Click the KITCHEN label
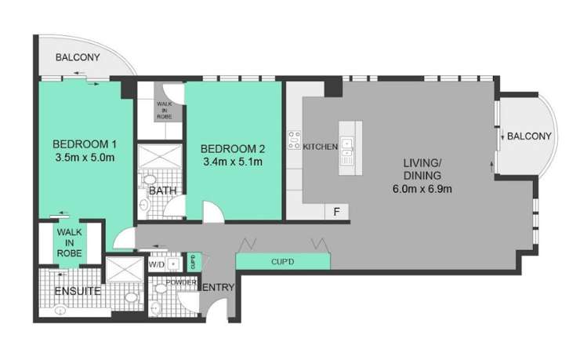320,147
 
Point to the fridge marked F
336,211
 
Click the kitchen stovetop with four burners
295,140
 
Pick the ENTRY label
218,288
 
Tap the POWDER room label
180,282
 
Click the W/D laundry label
157,265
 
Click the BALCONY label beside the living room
529,136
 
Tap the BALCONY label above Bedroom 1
78,57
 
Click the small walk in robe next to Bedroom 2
165,108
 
